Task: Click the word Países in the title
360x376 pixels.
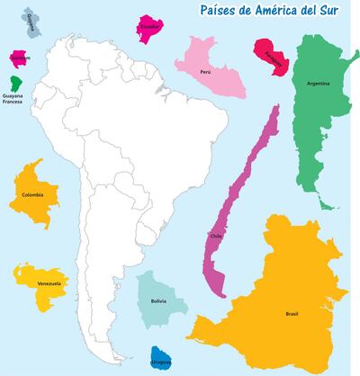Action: tap(205, 11)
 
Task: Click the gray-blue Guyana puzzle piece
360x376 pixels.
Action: tap(32, 21)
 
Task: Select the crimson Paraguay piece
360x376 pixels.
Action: tap(273, 56)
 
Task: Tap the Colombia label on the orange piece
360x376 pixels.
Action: tap(31, 193)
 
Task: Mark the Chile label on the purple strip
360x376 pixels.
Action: tap(215, 237)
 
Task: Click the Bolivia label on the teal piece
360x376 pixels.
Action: tap(158, 300)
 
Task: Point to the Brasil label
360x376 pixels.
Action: tap(291, 314)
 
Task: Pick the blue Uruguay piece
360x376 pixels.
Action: tap(162, 359)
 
